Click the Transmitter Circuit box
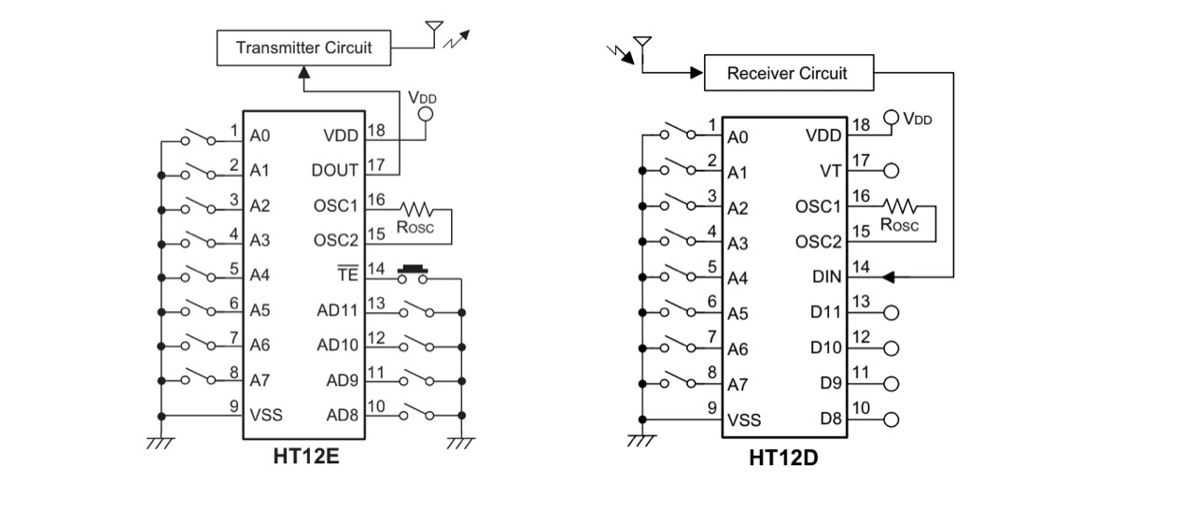click(x=302, y=48)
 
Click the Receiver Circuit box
click(x=787, y=73)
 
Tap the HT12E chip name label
click(x=305, y=458)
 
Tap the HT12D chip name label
click(x=784, y=458)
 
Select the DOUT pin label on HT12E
click(x=335, y=170)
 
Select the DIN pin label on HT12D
click(x=826, y=277)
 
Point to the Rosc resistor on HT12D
click(x=902, y=205)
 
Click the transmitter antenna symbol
click(x=433, y=33)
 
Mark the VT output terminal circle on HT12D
click(x=891, y=171)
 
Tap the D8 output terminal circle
click(x=891, y=419)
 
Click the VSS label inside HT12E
click(x=266, y=415)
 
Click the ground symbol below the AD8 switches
click(x=461, y=443)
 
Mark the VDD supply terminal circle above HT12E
click(x=426, y=114)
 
